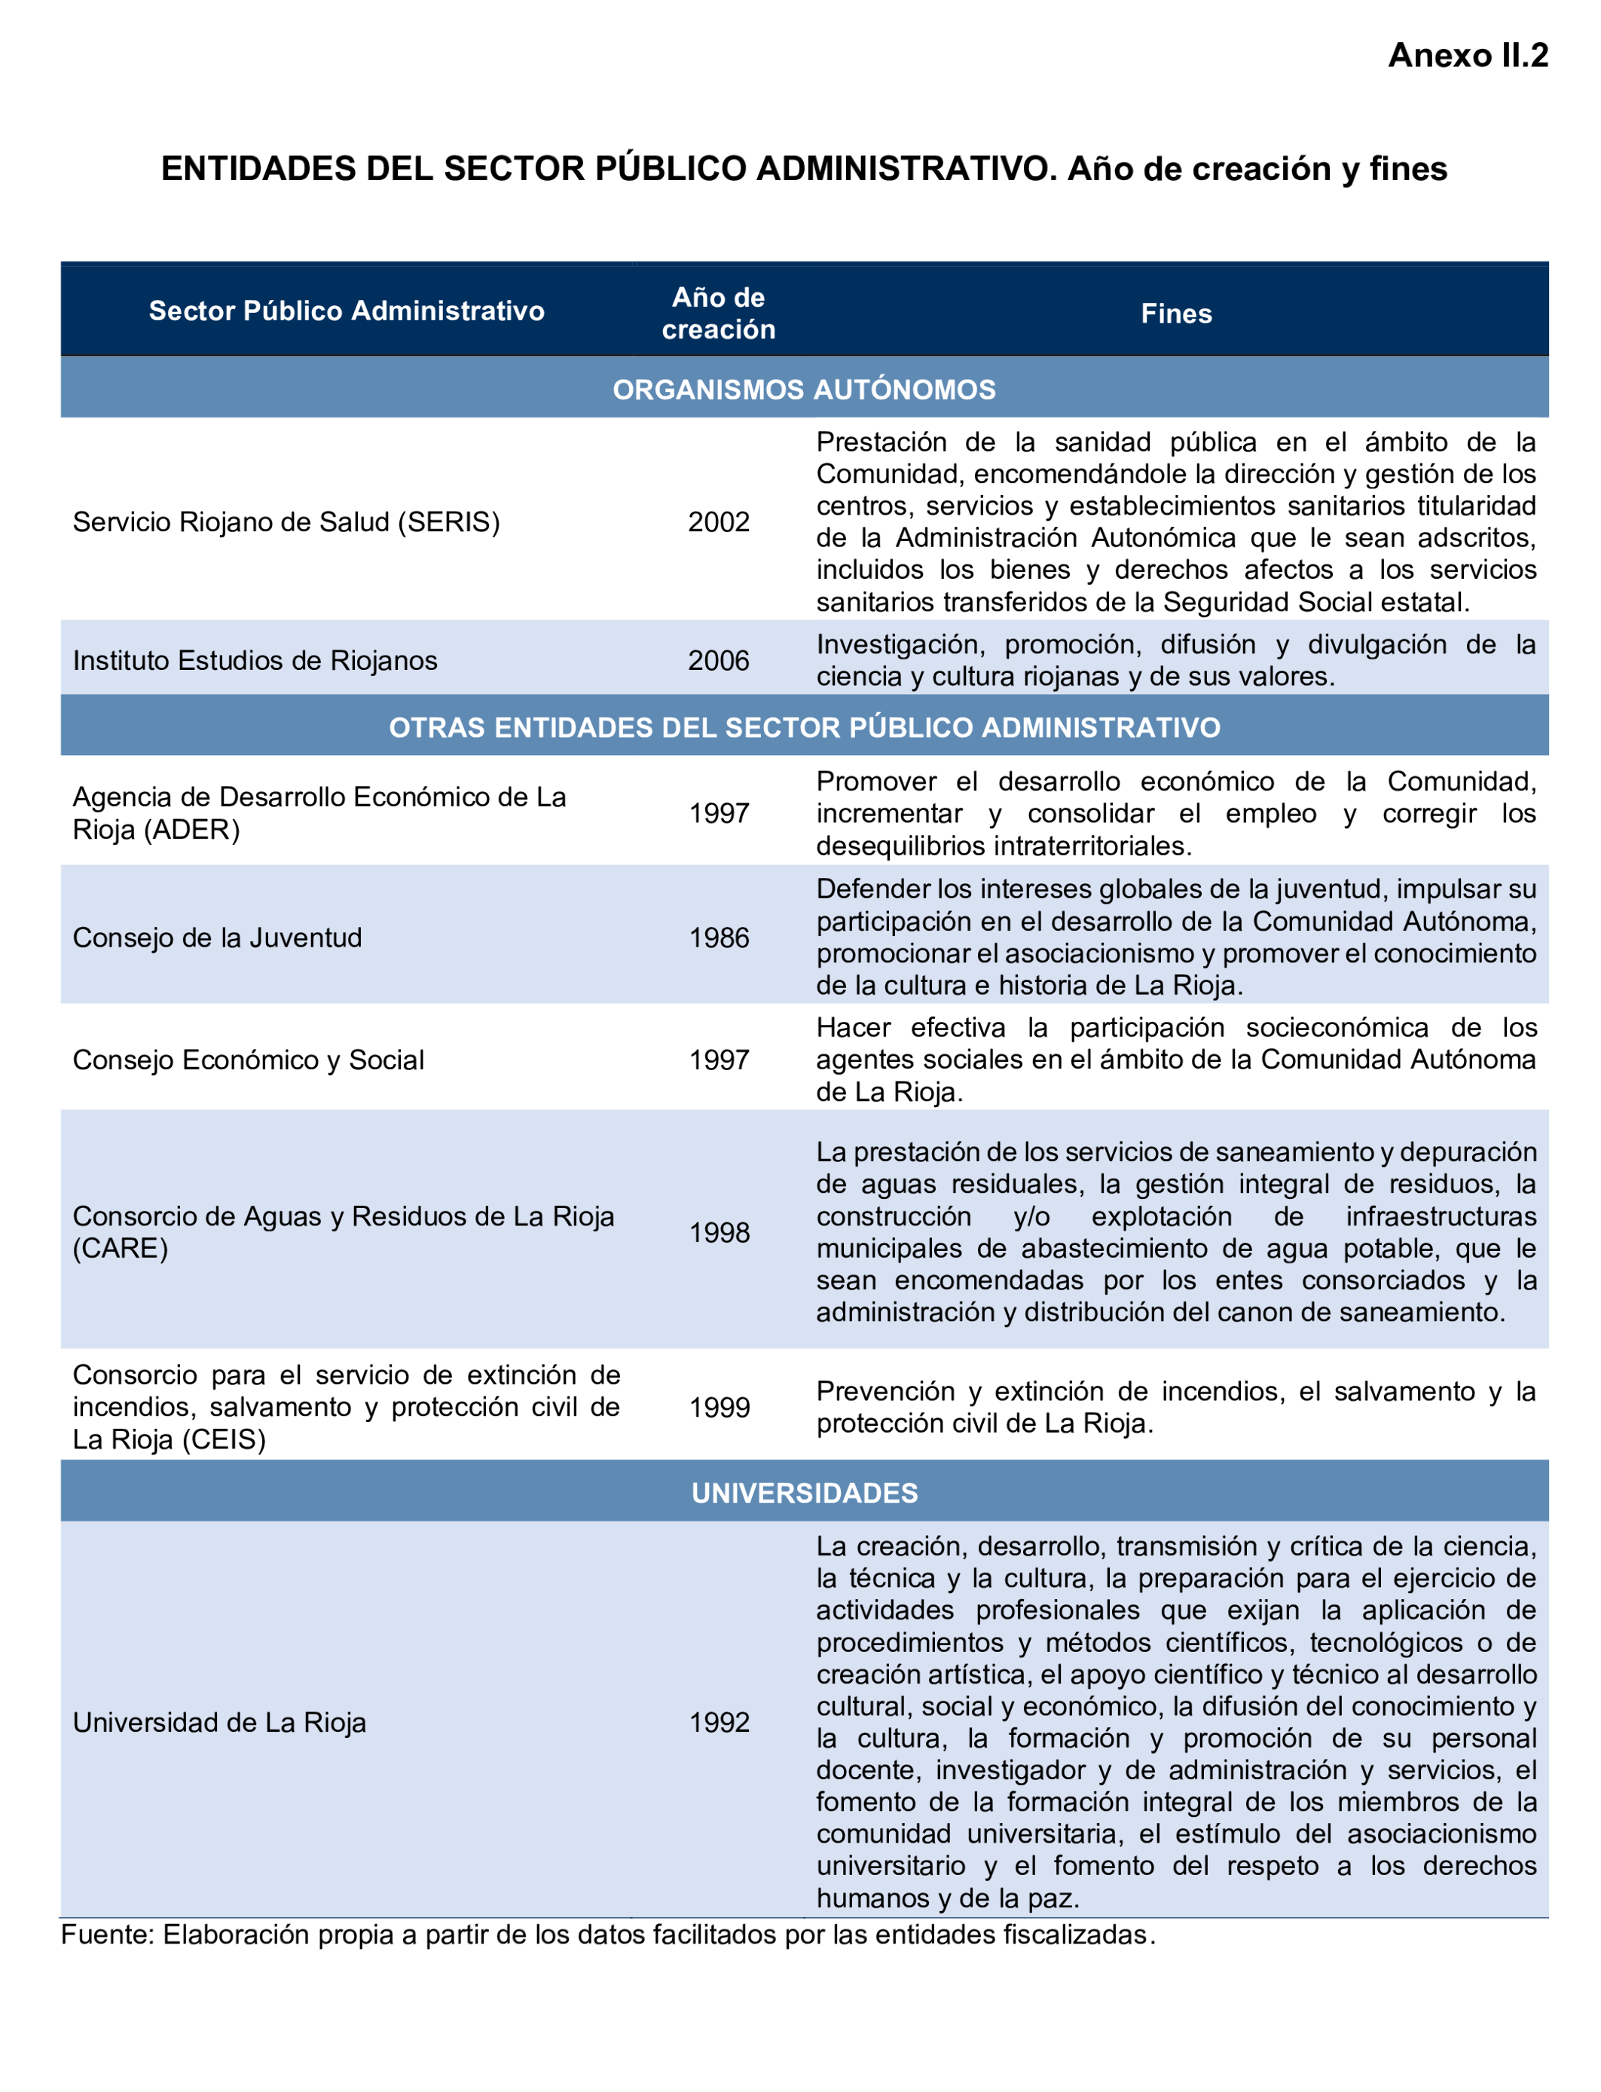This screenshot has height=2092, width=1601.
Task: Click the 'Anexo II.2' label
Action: [x=1467, y=55]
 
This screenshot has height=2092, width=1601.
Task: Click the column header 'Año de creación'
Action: [x=719, y=313]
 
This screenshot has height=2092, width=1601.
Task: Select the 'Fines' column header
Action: [x=1176, y=313]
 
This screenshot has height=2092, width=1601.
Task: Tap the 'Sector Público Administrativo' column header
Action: [x=347, y=310]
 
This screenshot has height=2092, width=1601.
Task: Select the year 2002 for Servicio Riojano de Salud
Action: [x=719, y=522]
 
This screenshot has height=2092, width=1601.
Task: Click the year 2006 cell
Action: [x=719, y=660]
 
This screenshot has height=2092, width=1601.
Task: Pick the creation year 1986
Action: [x=719, y=937]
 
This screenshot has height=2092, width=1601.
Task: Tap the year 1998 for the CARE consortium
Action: [x=719, y=1232]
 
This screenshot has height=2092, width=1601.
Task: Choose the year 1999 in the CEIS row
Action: [x=719, y=1407]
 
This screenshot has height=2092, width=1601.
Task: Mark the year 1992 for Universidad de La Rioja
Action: [x=719, y=1722]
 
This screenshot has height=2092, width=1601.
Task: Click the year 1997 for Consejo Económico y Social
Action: [x=719, y=1060]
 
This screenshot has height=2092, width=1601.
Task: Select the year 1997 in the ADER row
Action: [x=719, y=813]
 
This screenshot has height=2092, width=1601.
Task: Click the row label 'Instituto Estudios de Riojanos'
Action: [x=255, y=660]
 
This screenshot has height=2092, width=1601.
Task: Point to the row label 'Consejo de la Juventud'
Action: [x=217, y=937]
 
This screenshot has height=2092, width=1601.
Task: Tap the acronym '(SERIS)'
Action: [x=449, y=522]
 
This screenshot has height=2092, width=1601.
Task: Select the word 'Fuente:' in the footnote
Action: [x=107, y=1934]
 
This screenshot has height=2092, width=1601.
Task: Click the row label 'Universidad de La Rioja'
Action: [x=219, y=1722]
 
